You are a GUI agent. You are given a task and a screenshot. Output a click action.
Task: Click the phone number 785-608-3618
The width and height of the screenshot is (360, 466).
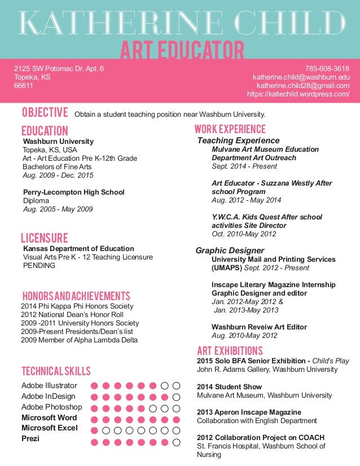tap(327, 69)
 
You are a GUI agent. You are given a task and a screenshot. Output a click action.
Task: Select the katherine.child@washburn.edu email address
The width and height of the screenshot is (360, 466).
tap(301, 77)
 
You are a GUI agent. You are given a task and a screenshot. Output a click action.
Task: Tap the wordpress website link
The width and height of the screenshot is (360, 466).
tap(298, 94)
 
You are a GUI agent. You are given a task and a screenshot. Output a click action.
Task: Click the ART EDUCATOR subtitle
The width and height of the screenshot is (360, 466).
tap(182, 50)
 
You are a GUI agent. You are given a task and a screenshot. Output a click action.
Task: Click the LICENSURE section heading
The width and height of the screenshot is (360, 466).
tap(45, 238)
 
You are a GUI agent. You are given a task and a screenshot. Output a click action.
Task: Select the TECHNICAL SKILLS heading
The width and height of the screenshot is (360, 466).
tap(56, 371)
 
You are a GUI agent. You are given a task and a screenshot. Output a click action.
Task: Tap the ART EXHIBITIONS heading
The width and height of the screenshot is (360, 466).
tap(230, 350)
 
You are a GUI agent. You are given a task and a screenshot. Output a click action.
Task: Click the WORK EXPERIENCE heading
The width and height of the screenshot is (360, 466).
tap(230, 129)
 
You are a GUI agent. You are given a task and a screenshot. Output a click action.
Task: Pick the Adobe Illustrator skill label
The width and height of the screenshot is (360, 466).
tap(49, 386)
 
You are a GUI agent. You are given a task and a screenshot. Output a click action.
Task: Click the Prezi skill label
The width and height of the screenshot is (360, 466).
tap(30, 438)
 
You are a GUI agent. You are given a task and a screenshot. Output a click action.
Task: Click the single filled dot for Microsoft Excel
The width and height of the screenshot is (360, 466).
tap(94, 430)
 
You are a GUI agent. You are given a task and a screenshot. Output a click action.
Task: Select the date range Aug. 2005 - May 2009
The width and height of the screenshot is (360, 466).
tap(58, 209)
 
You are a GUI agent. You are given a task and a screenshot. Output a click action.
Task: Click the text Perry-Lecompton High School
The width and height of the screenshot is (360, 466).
tap(74, 192)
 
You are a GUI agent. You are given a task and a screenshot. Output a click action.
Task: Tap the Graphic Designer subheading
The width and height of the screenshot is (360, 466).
tap(230, 250)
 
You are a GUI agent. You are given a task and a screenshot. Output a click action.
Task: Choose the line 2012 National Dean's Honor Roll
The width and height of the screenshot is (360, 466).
tap(72, 315)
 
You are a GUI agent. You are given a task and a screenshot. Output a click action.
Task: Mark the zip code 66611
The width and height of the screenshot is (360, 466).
tap(24, 86)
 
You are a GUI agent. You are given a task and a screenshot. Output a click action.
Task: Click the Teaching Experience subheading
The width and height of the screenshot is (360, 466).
tap(238, 140)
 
